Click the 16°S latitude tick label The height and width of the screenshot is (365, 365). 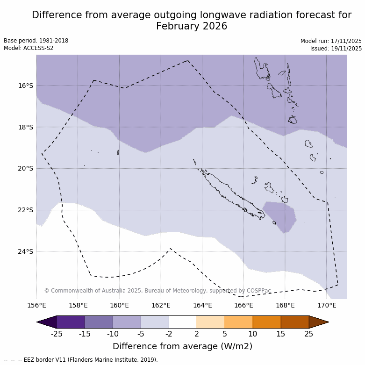coord(25,86)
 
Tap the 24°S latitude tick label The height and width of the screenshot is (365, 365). coord(25,251)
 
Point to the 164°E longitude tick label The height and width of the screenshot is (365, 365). coord(202,306)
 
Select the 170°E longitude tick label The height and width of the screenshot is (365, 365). coord(327,306)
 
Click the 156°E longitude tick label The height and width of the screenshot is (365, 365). coord(36,306)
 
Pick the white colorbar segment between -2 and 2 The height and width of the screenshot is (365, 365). coord(183,322)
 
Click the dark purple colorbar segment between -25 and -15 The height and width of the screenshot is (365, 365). coord(71,322)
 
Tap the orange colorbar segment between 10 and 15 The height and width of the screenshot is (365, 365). coord(267,322)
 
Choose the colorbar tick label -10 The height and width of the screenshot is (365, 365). coord(113,334)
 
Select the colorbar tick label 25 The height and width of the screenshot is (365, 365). coord(309,334)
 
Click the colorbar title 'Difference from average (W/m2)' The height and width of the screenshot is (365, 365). coord(182,346)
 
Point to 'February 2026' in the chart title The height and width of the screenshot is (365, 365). coord(192,26)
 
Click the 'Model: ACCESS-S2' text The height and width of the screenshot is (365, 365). coord(29,48)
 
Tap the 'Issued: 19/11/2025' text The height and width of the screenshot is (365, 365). coord(336,49)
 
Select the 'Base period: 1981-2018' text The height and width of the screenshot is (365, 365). coord(36,41)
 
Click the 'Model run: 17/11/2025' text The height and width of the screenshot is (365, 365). coord(331,41)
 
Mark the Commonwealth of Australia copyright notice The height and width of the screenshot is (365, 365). coord(157,291)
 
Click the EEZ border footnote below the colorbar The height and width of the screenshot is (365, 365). coord(80,360)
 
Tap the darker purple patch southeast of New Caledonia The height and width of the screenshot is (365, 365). coord(280,215)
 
